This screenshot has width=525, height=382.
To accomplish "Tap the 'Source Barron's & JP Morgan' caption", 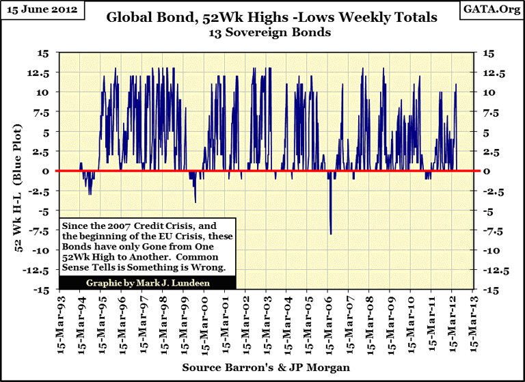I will [267, 368].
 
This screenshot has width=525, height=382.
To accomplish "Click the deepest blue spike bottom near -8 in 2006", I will [331, 234].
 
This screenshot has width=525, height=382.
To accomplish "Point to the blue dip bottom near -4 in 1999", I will [196, 202].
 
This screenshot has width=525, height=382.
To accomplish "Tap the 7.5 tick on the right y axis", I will [490, 111].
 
